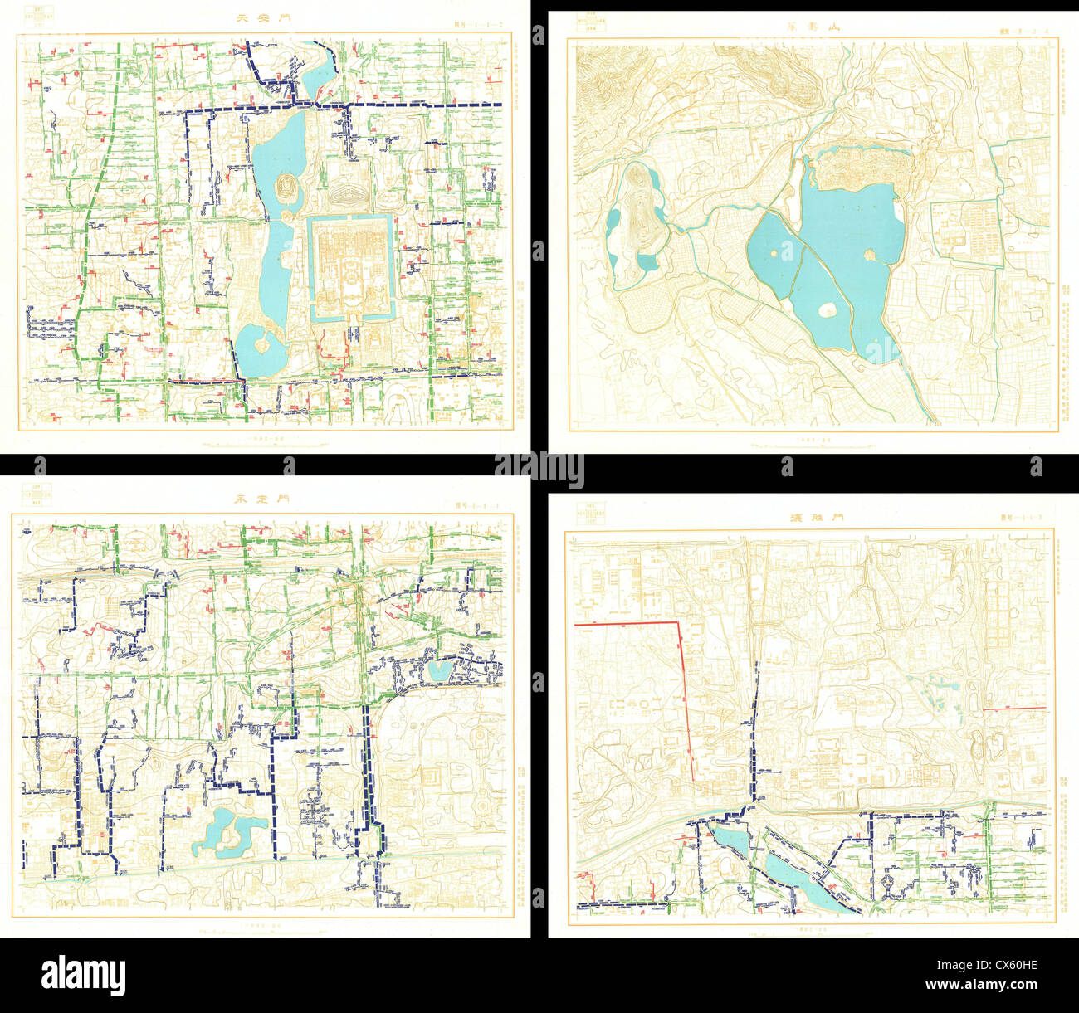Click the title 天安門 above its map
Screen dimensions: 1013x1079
pyautogui.click(x=263, y=17)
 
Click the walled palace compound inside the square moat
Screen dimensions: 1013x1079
pyautogui.click(x=351, y=266)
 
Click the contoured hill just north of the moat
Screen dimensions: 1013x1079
pyautogui.click(x=349, y=197)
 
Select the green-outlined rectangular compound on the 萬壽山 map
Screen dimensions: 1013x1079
pyautogui.click(x=965, y=233)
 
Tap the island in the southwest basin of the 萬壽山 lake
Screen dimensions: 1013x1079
pyautogui.click(x=827, y=309)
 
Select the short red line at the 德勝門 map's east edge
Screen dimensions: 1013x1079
pyautogui.click(x=1014, y=709)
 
